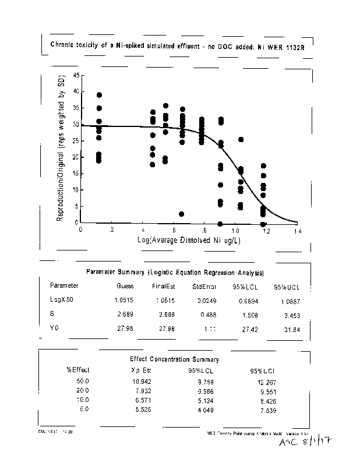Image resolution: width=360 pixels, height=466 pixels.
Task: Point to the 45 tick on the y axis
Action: [76, 76]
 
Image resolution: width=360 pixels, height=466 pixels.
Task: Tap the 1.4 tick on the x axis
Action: [298, 230]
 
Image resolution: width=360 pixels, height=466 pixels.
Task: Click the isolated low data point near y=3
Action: [182, 214]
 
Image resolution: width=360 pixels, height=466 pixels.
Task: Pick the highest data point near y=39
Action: [100, 95]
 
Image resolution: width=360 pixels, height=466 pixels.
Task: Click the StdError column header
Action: [204, 286]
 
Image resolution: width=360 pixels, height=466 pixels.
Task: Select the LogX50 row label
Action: [61, 299]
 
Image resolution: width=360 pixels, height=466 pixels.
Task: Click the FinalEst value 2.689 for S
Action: [163, 314]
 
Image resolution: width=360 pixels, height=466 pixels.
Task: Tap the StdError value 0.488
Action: [205, 314]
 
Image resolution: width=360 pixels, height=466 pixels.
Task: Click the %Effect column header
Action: [77, 369]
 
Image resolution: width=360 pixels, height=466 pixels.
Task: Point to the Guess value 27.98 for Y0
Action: [125, 329]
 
